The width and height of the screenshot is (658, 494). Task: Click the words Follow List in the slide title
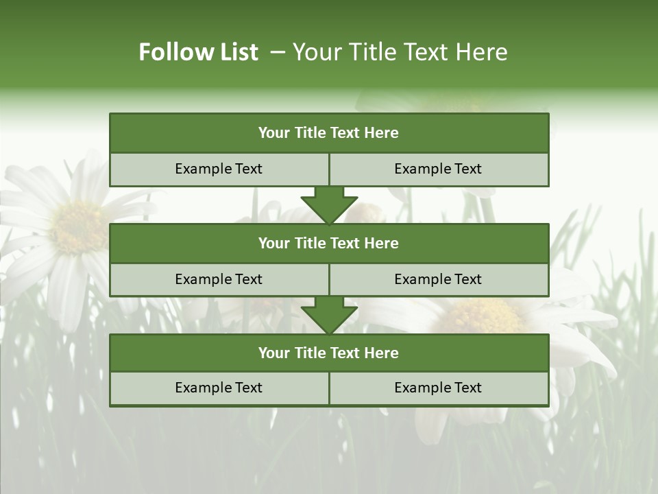point(199,52)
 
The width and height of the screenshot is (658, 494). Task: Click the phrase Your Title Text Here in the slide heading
point(400,52)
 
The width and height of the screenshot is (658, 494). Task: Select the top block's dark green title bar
point(329,133)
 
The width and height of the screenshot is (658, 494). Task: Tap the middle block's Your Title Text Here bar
point(329,243)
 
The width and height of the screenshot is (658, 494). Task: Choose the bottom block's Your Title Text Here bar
point(329,353)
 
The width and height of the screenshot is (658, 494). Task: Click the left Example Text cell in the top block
point(219,169)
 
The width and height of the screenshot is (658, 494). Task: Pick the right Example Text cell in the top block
point(439,169)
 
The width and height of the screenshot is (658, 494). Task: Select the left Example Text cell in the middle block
point(219,279)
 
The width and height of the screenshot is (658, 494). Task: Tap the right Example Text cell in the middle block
point(439,279)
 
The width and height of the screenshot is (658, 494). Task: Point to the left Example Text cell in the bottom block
point(219,388)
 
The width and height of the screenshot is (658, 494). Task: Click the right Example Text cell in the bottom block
point(439,388)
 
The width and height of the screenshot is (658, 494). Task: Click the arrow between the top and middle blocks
point(329,205)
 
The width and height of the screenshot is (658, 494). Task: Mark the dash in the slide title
point(278,52)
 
